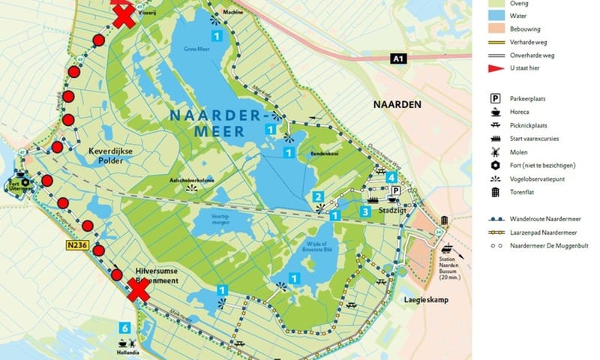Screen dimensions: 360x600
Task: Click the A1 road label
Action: point(400,58)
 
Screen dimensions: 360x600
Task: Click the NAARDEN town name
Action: point(397,104)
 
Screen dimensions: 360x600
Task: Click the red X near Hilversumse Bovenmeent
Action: point(138,289)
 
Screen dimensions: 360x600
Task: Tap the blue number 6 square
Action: point(125,327)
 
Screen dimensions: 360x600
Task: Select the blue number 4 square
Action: point(391,177)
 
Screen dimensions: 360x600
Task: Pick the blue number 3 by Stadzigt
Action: point(365,212)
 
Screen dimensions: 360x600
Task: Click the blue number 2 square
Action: point(319,197)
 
